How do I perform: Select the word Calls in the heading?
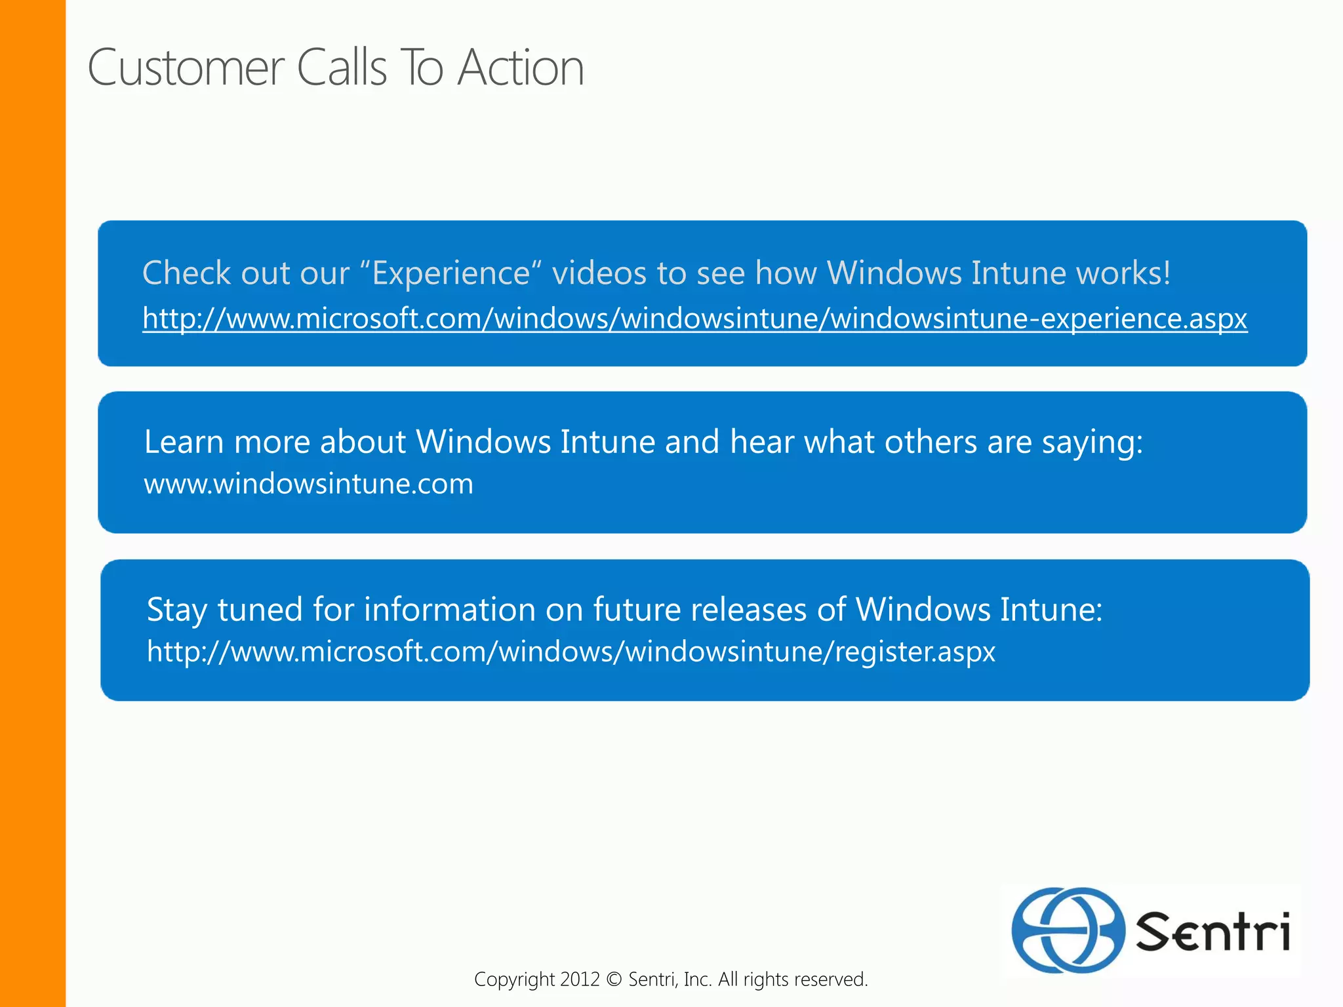coord(342,68)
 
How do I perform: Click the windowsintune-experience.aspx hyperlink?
coord(694,319)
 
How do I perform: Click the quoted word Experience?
coord(451,273)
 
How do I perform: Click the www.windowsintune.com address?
coord(308,484)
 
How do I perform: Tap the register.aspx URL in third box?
coord(571,652)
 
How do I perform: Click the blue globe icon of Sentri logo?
coord(1067,930)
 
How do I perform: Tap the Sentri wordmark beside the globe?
coord(1213,932)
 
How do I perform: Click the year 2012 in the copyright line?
coord(580,979)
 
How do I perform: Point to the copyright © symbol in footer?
coord(614,979)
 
